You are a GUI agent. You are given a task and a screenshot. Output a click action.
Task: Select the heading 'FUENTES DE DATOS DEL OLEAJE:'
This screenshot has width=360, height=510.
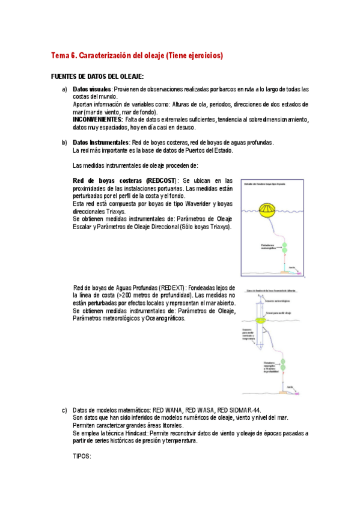click(x=97, y=77)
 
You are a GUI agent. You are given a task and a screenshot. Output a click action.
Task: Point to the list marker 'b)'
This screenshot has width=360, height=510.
click(x=64, y=143)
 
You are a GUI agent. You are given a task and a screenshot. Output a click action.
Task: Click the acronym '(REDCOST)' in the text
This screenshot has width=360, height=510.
click(x=157, y=180)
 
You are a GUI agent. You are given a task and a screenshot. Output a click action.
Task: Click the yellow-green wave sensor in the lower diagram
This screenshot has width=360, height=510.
click(x=263, y=322)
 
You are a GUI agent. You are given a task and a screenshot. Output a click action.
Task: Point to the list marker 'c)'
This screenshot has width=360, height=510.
click(x=64, y=410)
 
